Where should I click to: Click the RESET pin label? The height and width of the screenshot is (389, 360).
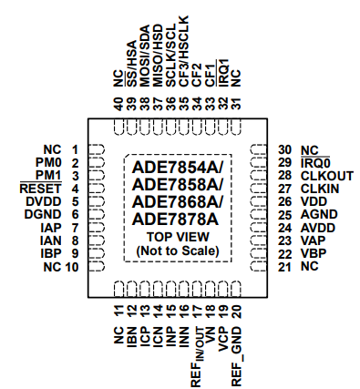point(36,188)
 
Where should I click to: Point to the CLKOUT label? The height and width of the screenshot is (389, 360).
point(326,175)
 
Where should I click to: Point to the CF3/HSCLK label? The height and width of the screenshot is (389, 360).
point(184,57)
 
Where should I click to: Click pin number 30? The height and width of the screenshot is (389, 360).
point(285,149)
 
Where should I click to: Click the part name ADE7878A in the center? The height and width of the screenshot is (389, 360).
point(175,219)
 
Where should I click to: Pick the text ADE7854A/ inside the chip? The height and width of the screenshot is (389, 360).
point(178,168)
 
